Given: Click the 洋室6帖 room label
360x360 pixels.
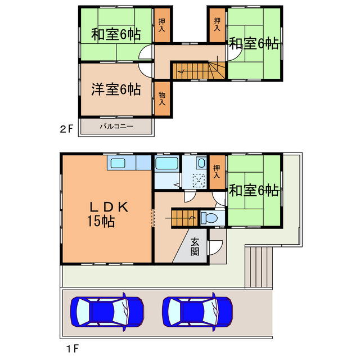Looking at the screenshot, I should [116, 89].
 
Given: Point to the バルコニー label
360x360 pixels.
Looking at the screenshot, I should [116, 126].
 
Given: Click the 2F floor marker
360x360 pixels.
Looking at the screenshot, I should [67, 128].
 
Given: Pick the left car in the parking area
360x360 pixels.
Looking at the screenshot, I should [107, 310].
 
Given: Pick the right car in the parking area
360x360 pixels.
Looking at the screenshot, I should [197, 310].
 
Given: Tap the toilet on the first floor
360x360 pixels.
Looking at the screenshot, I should [208, 217].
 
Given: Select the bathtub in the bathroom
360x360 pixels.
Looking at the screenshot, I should [166, 164].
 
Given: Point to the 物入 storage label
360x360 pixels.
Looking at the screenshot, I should [162, 99].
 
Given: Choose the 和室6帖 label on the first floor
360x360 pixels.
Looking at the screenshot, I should [254, 190].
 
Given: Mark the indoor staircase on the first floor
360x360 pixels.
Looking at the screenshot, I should [183, 217].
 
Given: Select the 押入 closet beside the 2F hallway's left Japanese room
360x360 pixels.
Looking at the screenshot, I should [162, 26].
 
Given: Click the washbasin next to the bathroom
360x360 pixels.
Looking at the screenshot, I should [201, 164].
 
